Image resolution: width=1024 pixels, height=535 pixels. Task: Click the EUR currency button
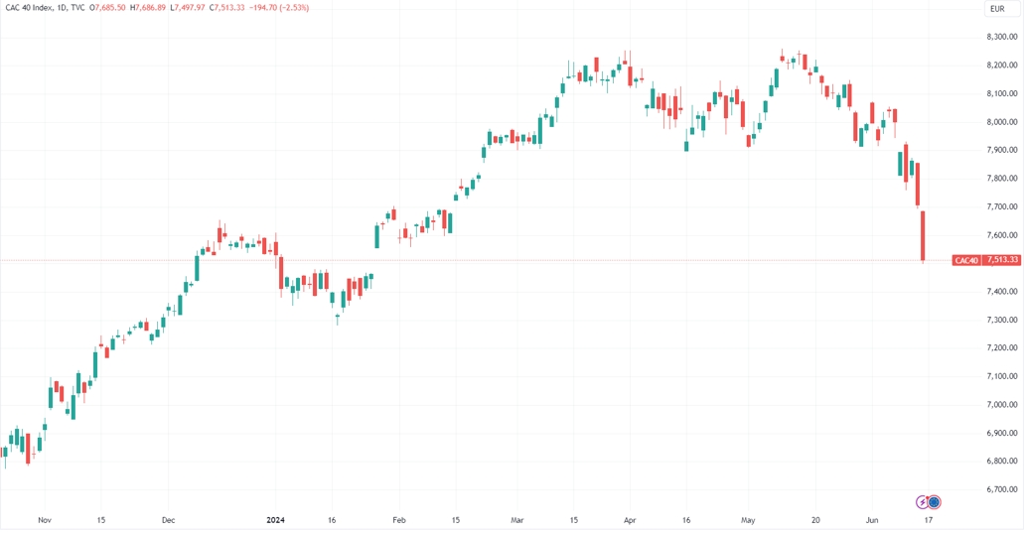pos(997,9)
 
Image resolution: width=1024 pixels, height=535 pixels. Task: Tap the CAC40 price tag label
pos(965,260)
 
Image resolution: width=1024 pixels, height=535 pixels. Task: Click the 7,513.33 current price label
pos(999,260)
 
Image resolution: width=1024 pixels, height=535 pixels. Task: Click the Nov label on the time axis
pos(43,519)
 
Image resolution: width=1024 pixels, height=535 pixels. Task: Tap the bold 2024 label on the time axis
pos(276,519)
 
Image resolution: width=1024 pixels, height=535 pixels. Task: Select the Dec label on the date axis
pos(168,519)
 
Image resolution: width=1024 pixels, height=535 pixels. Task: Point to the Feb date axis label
pos(399,519)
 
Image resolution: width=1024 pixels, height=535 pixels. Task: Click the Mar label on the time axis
pos(516,519)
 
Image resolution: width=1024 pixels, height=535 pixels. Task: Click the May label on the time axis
pos(749,519)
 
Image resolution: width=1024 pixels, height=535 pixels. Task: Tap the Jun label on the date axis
pos(871,519)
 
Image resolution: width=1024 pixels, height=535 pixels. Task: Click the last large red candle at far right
pos(923,235)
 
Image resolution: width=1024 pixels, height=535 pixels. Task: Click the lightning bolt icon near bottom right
pos(922,502)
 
